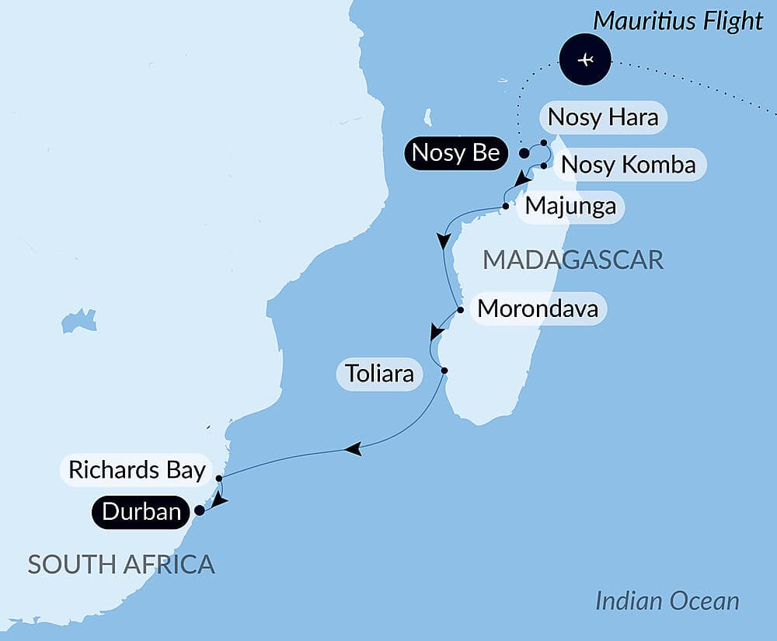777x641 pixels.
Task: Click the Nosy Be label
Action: point(455,153)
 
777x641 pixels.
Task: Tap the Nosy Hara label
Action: point(603,117)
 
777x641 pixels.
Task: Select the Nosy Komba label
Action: point(628,165)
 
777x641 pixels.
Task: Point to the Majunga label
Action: point(570,207)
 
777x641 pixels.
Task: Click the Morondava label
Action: point(538,308)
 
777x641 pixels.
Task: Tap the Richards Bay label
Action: point(137,470)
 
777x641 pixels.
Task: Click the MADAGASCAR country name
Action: point(573,260)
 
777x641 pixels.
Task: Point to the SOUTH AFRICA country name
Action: point(121,564)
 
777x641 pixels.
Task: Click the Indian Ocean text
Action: point(667,601)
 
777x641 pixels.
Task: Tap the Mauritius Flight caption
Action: point(678,21)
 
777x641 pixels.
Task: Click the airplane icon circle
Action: point(586,60)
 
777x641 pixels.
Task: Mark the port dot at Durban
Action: point(199,510)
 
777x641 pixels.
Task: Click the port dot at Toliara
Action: point(444,371)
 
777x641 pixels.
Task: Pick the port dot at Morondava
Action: point(460,310)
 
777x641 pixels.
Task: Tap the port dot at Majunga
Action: point(506,207)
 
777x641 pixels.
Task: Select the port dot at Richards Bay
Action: point(219,479)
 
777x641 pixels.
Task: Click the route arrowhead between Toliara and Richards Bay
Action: point(352,448)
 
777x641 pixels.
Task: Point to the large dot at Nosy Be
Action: point(524,153)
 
